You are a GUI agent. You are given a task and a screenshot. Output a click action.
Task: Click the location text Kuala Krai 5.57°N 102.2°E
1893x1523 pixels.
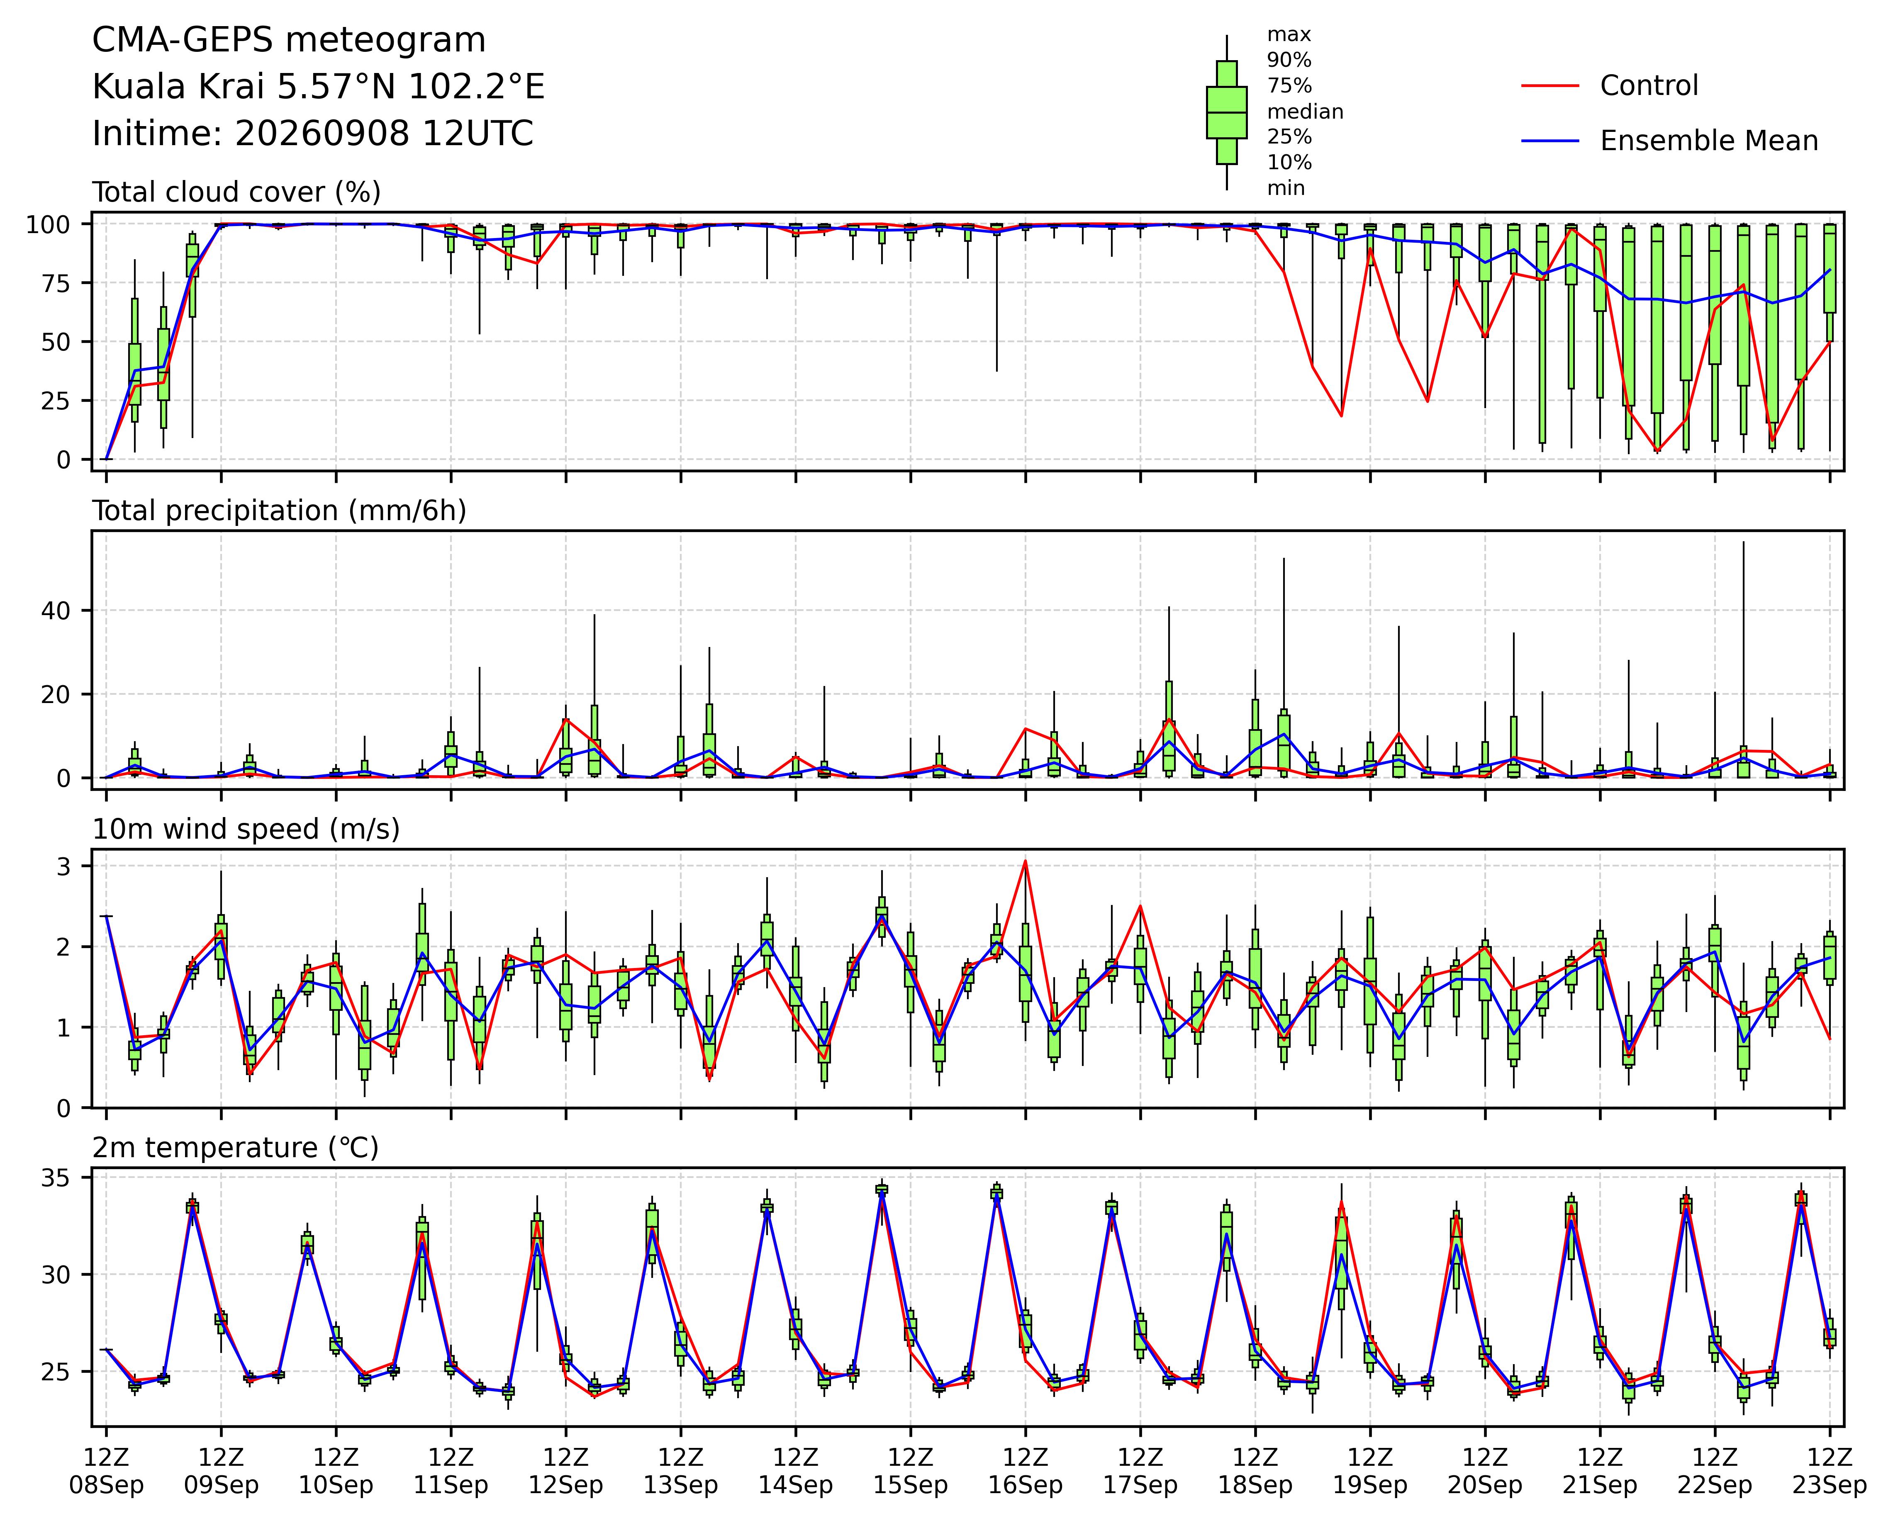[x=319, y=87]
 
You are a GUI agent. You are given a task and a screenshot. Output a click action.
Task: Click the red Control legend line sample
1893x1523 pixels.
[x=1551, y=86]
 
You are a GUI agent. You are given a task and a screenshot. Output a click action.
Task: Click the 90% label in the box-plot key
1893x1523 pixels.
[x=1289, y=60]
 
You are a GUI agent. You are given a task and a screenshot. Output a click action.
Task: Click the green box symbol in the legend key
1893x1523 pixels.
[x=1227, y=112]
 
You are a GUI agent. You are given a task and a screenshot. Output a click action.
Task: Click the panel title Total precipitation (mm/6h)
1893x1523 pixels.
[x=279, y=511]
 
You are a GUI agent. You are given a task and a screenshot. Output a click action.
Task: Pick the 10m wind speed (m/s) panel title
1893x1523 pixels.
[x=246, y=830]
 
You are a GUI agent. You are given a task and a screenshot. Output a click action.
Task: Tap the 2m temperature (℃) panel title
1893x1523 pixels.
[x=235, y=1148]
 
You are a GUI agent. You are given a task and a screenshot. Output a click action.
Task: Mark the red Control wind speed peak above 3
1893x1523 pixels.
[x=1025, y=861]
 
